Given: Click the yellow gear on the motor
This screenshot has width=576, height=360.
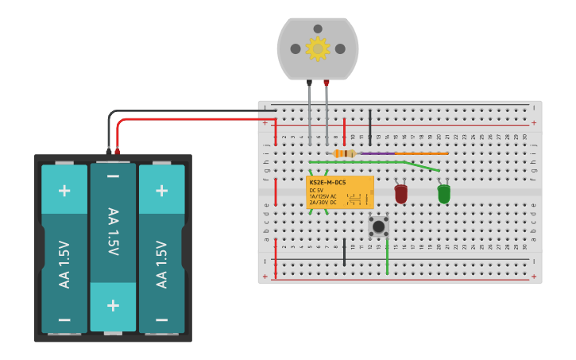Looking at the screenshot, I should (x=318, y=48).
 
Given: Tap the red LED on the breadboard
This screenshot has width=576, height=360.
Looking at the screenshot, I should (x=401, y=193).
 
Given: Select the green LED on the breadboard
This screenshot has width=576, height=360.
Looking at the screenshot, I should (x=443, y=193).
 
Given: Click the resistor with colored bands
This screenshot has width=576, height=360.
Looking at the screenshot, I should (x=344, y=153).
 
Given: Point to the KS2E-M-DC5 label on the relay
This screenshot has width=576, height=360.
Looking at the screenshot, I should (x=327, y=183).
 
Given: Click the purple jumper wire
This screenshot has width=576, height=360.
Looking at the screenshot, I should (x=377, y=153).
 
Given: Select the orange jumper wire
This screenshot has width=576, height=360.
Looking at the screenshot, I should (x=421, y=153).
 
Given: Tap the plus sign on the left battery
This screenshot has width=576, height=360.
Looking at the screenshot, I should (x=64, y=190).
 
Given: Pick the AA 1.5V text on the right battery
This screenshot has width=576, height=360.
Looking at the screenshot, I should (x=161, y=264).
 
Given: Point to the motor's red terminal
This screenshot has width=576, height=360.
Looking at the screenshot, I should (x=327, y=83).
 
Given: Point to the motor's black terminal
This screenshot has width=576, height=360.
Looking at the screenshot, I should (x=309, y=83).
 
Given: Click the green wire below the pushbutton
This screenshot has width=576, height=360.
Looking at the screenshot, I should (x=387, y=258).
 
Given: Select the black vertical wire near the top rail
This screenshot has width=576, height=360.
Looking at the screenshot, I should (x=369, y=127).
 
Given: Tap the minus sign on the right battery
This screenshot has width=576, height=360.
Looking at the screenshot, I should (x=161, y=319).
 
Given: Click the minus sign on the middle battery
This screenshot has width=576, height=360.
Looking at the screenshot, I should (x=113, y=176).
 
